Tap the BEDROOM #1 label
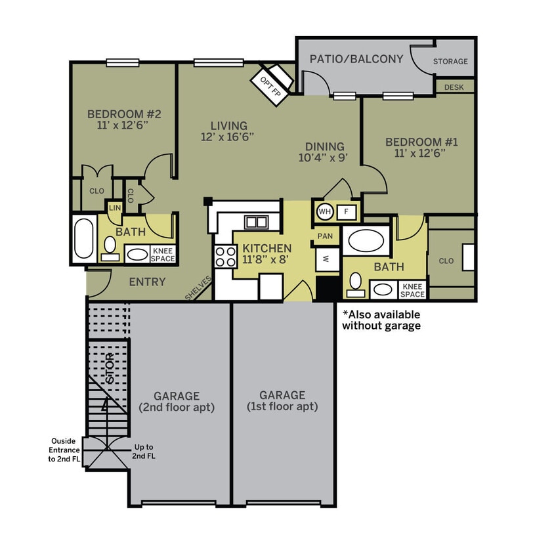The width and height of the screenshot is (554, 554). coord(421,142)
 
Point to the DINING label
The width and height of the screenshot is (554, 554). coord(324,146)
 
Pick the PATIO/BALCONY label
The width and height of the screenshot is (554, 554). coord(356,59)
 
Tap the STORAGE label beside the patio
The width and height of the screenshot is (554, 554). coord(450,62)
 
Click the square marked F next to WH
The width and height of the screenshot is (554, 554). coord(347,211)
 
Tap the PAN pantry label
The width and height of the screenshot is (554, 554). coord(325,236)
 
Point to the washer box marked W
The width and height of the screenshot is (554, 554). coord(326,259)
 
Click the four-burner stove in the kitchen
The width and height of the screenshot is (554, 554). coord(225,255)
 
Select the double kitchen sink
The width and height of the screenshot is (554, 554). coord(255,222)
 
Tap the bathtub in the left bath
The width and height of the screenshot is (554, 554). coord(83,238)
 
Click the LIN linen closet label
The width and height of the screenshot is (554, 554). coord(115,208)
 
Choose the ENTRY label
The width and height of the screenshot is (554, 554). coord(147,282)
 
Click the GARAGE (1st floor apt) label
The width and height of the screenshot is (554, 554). coord(282,400)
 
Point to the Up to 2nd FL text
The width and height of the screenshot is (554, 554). coord(144,452)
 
